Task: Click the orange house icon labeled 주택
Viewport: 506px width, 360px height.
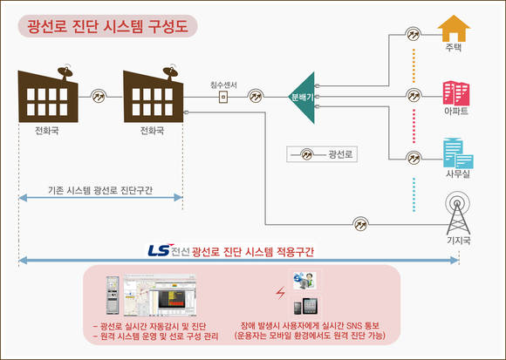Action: (x=454, y=29)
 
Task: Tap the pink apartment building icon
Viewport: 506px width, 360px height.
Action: (x=456, y=93)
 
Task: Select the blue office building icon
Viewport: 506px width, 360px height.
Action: (x=458, y=153)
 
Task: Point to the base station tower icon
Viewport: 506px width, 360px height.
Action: (x=458, y=214)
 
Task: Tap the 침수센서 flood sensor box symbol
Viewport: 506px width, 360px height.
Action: (x=223, y=97)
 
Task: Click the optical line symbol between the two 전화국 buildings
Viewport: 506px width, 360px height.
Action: (x=99, y=96)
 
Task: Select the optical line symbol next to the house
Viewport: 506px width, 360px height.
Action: (x=413, y=33)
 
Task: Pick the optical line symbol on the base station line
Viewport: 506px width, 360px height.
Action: (x=360, y=224)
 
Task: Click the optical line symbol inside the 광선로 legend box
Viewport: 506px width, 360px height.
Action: (x=307, y=154)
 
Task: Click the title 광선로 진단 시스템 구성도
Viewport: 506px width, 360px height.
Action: (x=107, y=26)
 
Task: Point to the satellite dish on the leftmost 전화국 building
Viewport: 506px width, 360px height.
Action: (x=65, y=72)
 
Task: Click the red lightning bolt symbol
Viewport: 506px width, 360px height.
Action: (x=280, y=293)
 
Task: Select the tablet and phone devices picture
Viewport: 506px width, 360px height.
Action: (x=305, y=307)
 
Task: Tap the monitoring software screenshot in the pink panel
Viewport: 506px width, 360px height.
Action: (x=160, y=295)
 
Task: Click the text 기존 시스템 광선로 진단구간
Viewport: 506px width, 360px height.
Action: (x=100, y=190)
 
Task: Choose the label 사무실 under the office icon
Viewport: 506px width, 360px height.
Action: (x=458, y=174)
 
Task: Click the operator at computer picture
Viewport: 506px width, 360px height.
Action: (x=304, y=281)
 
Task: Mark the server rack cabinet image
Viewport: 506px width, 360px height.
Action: (x=113, y=295)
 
